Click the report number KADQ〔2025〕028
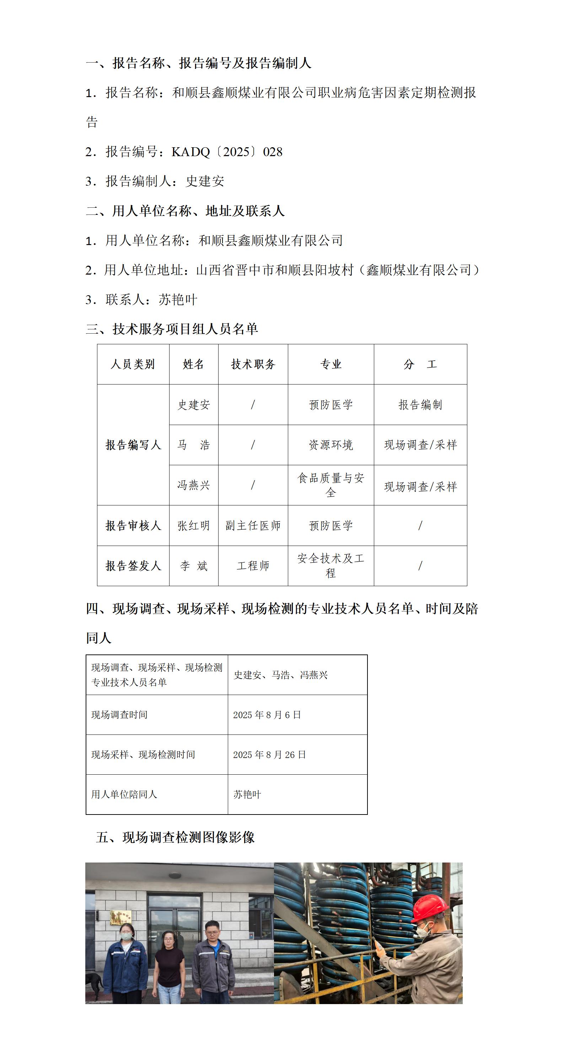click(226, 152)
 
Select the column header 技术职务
click(253, 364)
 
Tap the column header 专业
click(331, 364)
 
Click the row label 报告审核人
click(133, 526)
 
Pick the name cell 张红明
click(193, 526)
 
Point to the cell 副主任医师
click(253, 526)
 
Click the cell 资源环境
click(331, 445)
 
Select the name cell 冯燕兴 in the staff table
click(193, 485)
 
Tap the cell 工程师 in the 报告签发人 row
click(253, 566)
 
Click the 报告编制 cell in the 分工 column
click(420, 404)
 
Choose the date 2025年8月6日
click(267, 715)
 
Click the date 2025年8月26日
click(269, 754)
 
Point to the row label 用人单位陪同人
click(124, 794)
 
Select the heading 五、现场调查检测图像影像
click(175, 837)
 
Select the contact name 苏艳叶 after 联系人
click(178, 299)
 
